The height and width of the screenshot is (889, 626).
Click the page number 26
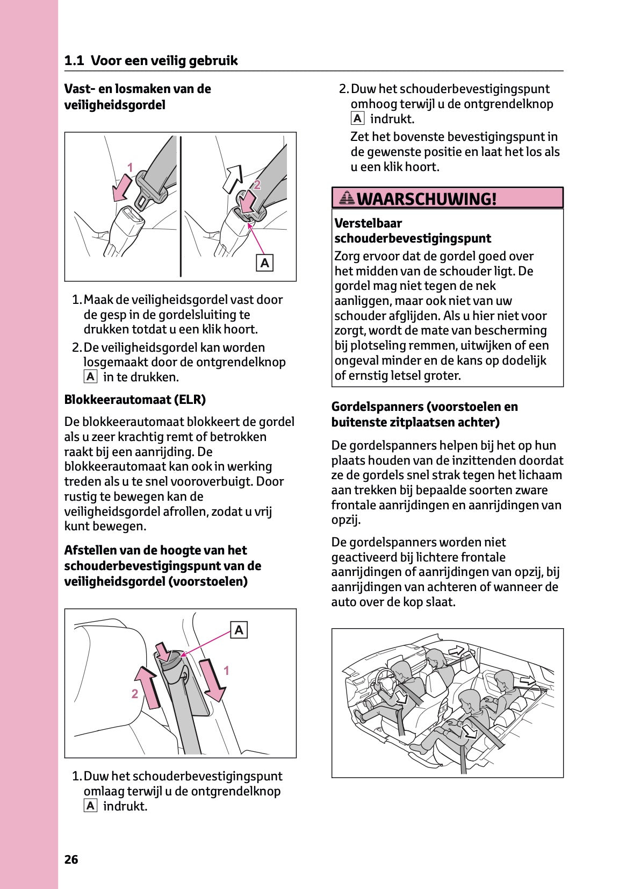tap(71, 859)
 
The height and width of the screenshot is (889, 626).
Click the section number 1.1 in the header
tap(74, 61)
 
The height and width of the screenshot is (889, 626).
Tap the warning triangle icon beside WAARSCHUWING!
tap(347, 198)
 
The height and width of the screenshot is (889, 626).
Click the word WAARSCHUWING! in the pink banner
tap(426, 199)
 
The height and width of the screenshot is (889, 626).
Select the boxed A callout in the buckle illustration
tap(264, 263)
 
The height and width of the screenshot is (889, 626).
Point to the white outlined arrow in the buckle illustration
tap(233, 179)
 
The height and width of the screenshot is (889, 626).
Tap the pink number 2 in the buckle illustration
tap(257, 185)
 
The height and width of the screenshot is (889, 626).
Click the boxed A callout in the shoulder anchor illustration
tap(239, 630)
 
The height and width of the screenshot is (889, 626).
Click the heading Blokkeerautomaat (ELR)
tap(135, 400)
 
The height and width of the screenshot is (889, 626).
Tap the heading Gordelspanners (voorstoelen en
tap(424, 407)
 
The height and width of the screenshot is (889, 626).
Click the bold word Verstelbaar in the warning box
tap(368, 223)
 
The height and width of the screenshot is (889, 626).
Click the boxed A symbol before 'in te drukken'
tap(90, 376)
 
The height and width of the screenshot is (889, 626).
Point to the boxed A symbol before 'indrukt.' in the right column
tap(357, 118)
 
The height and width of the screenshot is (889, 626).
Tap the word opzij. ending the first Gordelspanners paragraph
tap(346, 520)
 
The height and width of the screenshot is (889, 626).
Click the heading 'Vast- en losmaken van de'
tap(138, 89)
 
